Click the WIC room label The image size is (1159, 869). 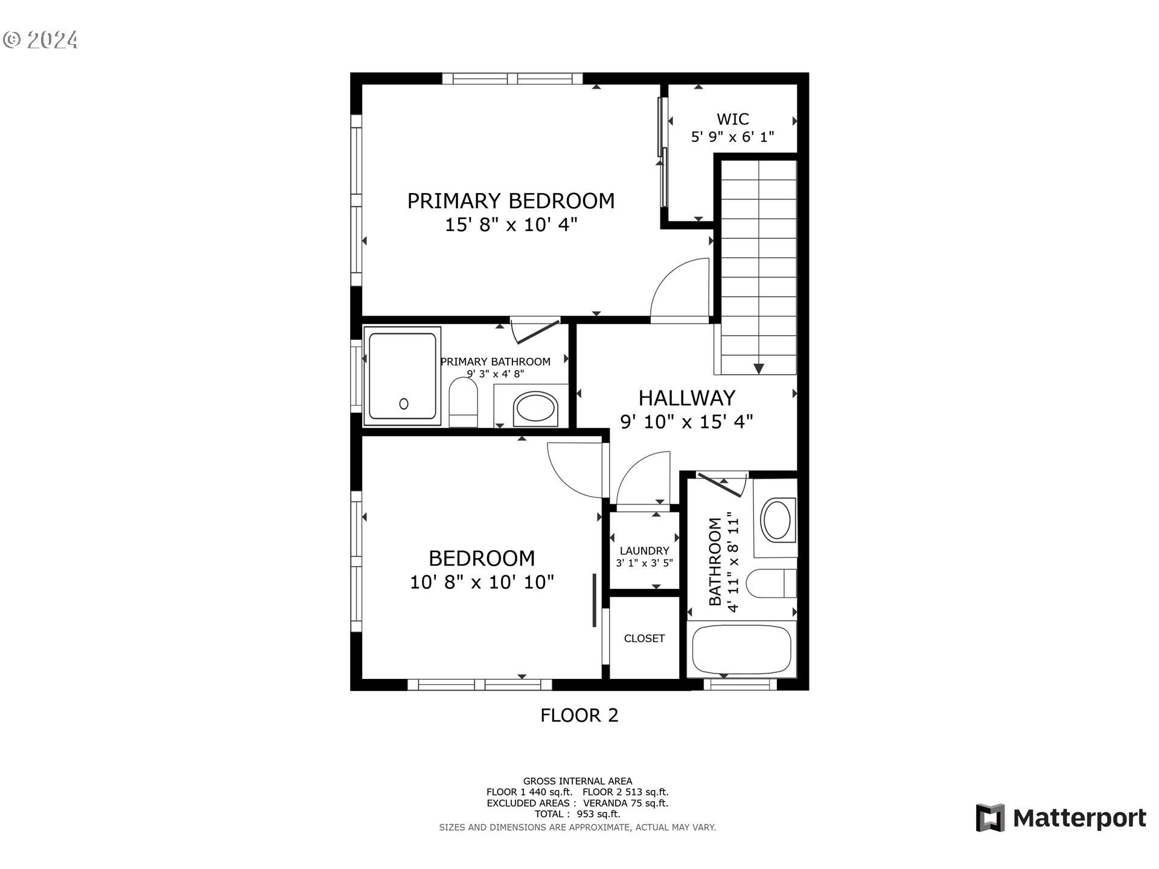tap(733, 119)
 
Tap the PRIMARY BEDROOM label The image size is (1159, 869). tap(511, 201)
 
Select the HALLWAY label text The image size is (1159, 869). tap(687, 398)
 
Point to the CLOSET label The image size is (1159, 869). tap(644, 638)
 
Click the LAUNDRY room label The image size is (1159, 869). tap(644, 551)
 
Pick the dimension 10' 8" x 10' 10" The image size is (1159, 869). tap(482, 582)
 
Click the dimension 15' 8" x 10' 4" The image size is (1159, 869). tap(511, 225)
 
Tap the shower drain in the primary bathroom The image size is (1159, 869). tap(404, 404)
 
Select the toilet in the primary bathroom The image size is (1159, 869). tap(463, 403)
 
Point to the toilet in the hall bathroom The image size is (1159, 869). tap(771, 584)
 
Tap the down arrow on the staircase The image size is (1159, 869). tap(759, 369)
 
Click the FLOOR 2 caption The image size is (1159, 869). tap(579, 716)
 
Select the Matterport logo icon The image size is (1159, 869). tap(990, 818)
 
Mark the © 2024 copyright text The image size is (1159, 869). tap(40, 40)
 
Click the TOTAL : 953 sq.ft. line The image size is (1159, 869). tap(577, 814)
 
